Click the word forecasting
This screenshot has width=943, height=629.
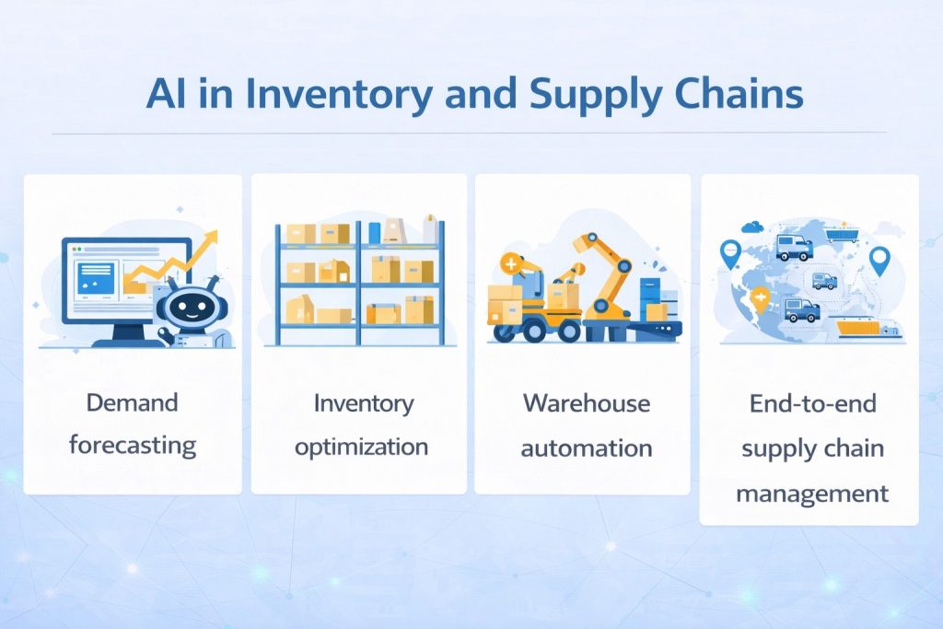133,447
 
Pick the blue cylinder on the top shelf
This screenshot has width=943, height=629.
375,232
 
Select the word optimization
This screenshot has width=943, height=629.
361,448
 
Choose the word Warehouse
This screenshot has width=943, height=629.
587,403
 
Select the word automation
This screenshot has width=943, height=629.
587,449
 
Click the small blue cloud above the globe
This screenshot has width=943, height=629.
753,227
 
